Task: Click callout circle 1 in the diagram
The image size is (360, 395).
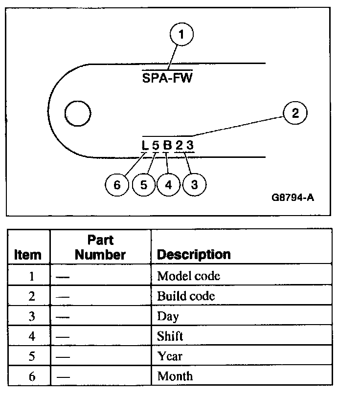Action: tap(182, 35)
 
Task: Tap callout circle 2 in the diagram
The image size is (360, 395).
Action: tap(294, 113)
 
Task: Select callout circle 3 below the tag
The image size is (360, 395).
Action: tap(194, 185)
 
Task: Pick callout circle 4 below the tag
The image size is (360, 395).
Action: tap(169, 185)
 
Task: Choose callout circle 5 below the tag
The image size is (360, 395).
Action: tap(144, 185)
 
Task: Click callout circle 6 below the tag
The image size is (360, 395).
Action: tap(117, 185)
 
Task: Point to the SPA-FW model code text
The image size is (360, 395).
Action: tap(167, 77)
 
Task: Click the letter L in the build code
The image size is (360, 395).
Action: tap(144, 145)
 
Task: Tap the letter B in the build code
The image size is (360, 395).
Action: tap(167, 145)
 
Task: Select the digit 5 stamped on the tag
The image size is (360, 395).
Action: tap(156, 145)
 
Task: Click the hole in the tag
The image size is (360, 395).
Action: tap(78, 114)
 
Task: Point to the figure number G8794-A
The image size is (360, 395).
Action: tap(292, 199)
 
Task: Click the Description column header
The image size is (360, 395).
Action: tap(194, 255)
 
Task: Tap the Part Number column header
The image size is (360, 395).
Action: tap(100, 247)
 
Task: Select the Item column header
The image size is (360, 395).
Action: tap(28, 255)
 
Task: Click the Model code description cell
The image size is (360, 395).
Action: tap(188, 276)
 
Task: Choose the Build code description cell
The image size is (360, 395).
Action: tap(186, 296)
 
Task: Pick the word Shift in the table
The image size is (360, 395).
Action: tap(170, 336)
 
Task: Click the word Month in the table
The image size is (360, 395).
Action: tap(175, 376)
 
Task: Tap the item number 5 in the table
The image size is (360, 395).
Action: tap(31, 356)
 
